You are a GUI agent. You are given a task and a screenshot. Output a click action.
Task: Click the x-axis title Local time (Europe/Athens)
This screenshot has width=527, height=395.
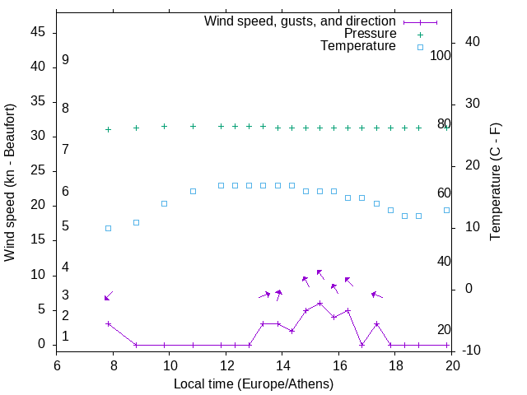[x=254, y=384]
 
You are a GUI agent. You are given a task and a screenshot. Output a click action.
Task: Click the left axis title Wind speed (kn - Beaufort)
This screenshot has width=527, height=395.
[x=10, y=183]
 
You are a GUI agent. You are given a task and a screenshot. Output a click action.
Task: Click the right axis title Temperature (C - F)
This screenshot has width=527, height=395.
[x=495, y=183]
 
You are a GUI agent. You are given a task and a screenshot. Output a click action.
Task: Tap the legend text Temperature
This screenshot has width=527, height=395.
[x=358, y=47]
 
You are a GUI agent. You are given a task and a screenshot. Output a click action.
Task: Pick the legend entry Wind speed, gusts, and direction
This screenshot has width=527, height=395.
[x=300, y=21]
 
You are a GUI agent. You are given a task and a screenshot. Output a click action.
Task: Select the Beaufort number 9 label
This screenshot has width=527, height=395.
[x=65, y=60]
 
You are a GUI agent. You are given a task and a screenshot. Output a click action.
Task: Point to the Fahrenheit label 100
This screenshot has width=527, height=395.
[x=441, y=56]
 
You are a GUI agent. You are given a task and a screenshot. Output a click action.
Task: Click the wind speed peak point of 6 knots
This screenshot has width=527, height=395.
[x=319, y=303]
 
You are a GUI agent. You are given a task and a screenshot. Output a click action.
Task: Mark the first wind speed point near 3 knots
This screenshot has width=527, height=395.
[x=108, y=324]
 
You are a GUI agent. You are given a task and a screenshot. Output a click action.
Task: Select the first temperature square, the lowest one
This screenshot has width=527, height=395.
[x=108, y=228]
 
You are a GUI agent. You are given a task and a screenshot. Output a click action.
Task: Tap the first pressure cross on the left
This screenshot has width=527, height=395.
[x=108, y=129]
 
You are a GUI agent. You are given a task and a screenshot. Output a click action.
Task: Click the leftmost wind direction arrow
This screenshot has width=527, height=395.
[x=108, y=296]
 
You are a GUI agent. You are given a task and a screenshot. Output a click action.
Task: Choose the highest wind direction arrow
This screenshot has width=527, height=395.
[x=320, y=274]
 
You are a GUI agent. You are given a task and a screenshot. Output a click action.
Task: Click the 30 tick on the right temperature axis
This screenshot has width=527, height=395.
[x=472, y=104]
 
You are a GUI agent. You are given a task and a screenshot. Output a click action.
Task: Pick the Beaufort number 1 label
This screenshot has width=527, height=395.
[x=65, y=337]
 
